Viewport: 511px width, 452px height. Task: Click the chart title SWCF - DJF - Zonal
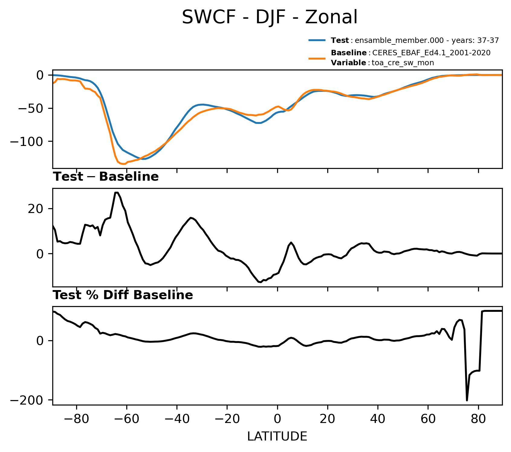270,17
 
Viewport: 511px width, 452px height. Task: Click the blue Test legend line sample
317,40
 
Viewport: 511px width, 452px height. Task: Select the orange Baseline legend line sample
317,58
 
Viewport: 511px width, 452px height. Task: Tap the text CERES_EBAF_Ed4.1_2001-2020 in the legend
431,53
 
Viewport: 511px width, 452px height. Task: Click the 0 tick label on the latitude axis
277,419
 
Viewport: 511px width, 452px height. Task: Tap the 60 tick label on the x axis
428,419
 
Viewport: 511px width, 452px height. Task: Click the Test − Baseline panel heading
106,177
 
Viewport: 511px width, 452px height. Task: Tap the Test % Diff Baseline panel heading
123,295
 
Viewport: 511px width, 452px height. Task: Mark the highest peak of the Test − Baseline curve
117,192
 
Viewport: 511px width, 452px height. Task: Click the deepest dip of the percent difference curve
467,400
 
